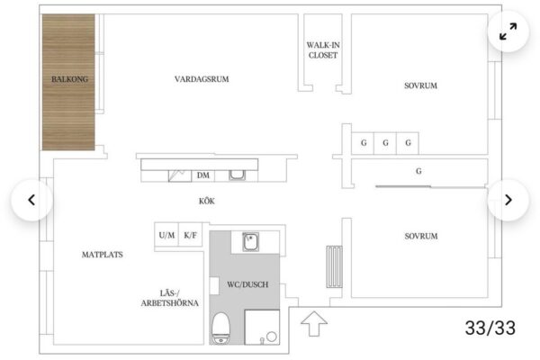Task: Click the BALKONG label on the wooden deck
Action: click(x=69, y=79)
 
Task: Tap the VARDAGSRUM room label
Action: click(x=202, y=79)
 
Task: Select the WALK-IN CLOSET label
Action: click(x=323, y=50)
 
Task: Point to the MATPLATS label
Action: click(x=103, y=255)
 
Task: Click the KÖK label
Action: click(x=207, y=201)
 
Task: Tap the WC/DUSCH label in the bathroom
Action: click(x=247, y=284)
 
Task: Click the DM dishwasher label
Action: click(x=203, y=175)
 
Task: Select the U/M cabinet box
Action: click(x=166, y=235)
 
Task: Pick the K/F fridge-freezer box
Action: click(x=191, y=235)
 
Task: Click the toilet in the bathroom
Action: click(x=220, y=328)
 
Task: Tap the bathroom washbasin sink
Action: click(x=251, y=241)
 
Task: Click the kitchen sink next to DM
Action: click(x=237, y=175)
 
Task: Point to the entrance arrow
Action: click(x=314, y=323)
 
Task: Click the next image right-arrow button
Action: click(x=508, y=200)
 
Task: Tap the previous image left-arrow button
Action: click(x=31, y=200)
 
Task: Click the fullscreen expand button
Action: click(x=508, y=31)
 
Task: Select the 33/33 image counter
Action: click(x=490, y=328)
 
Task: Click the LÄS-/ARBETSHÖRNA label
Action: click(x=170, y=298)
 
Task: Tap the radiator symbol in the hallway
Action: click(x=335, y=267)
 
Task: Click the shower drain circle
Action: click(x=272, y=337)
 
